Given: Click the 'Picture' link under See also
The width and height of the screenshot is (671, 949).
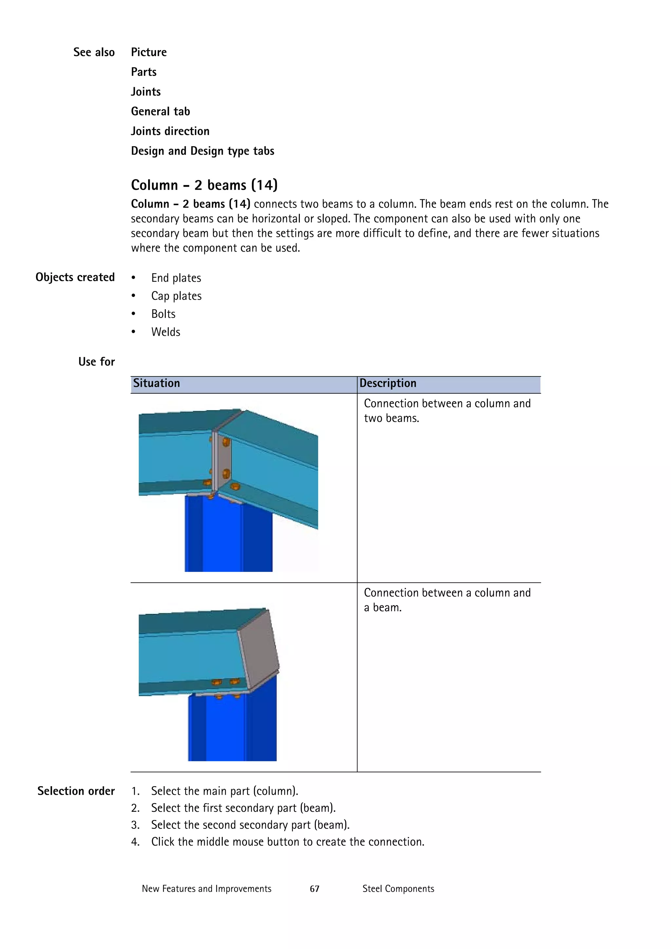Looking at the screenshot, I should [149, 52].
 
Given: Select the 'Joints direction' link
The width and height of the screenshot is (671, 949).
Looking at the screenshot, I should [170, 131].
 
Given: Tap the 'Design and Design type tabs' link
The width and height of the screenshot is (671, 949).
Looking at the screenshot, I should [202, 151].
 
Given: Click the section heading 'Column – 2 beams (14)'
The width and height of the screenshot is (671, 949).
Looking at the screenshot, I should [204, 185].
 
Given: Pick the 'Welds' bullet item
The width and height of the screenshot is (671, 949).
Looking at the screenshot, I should [165, 332].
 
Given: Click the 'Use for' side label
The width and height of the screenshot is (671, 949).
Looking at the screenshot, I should [96, 362].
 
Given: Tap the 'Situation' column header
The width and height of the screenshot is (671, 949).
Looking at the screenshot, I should [157, 384].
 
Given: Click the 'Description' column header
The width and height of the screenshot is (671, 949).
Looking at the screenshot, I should [388, 384].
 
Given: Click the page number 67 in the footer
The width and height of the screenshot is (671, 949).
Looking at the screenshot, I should [315, 889].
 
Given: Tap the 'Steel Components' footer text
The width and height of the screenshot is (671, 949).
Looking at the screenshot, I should [398, 889].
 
